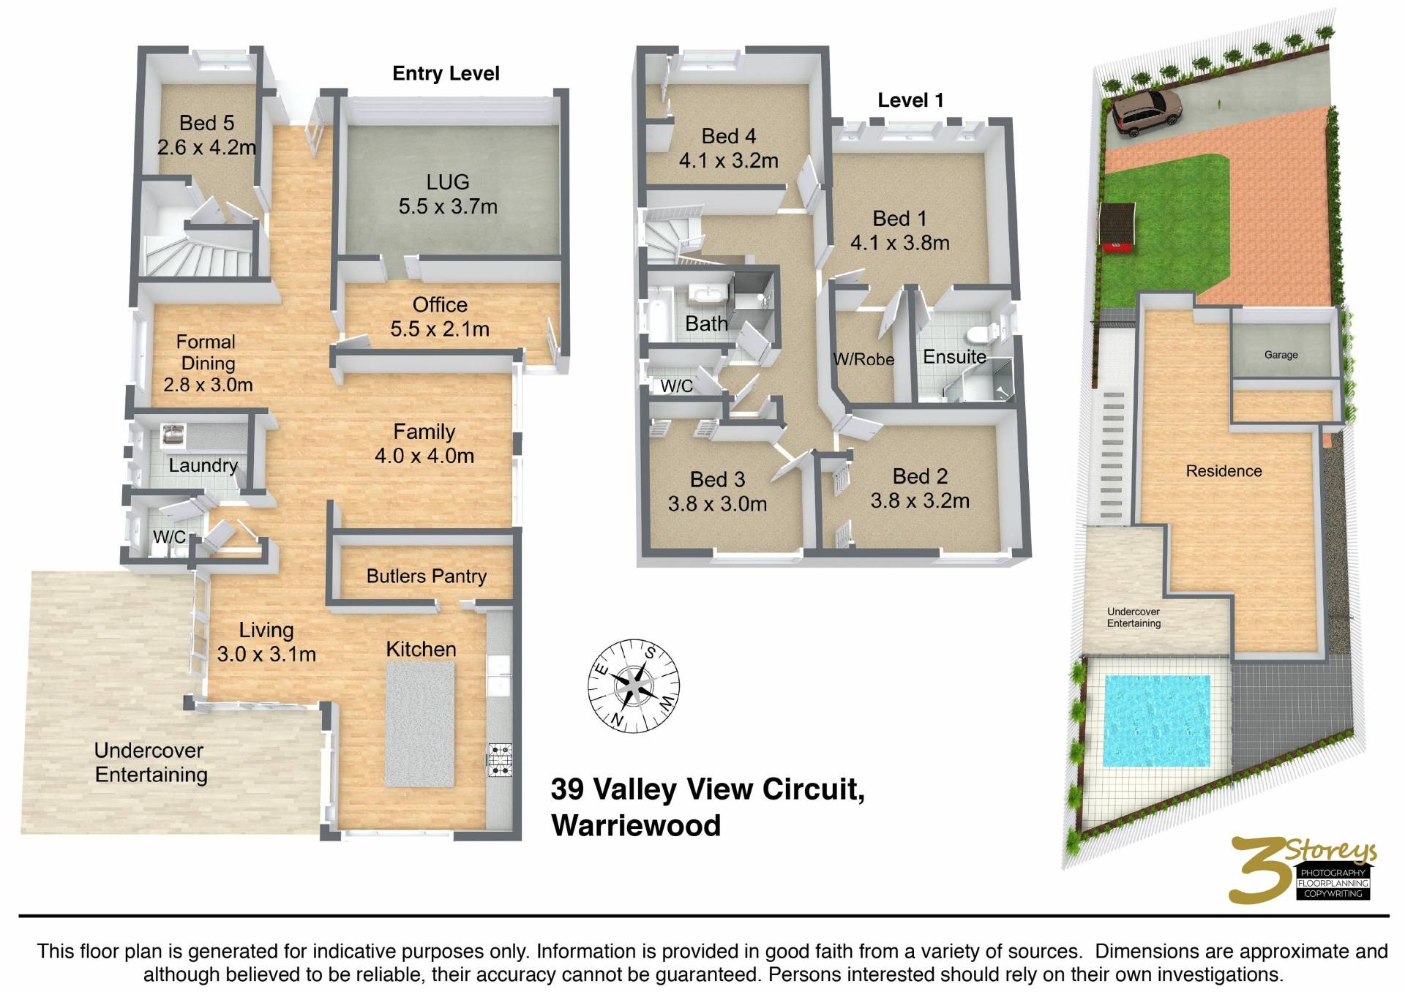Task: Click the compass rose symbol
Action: pos(634,685)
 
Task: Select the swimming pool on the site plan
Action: pos(1156,721)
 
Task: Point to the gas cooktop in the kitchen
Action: pos(501,760)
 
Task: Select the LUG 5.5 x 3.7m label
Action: pos(448,194)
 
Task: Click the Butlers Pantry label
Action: pos(427,576)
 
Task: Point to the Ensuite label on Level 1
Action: pos(954,357)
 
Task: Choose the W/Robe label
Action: pos(863,359)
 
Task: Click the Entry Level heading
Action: pos(446,73)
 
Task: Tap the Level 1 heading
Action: pos(910,100)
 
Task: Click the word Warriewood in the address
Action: pos(636,825)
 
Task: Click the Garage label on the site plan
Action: pos(1281,355)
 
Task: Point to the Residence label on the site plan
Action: pos(1224,471)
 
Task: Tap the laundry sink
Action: pos(173,435)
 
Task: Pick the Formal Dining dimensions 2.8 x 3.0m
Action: pos(208,385)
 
